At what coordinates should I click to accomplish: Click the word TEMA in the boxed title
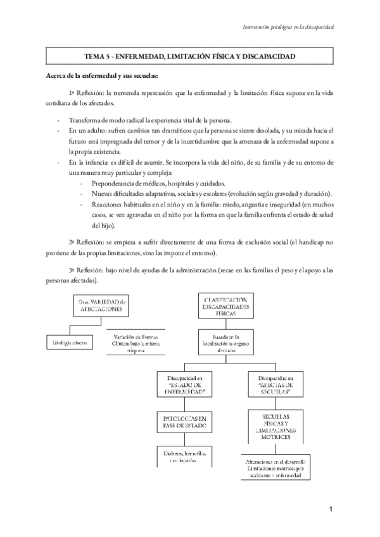click(95, 57)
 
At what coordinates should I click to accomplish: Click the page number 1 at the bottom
click(331, 510)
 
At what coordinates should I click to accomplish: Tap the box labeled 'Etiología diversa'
click(70, 343)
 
